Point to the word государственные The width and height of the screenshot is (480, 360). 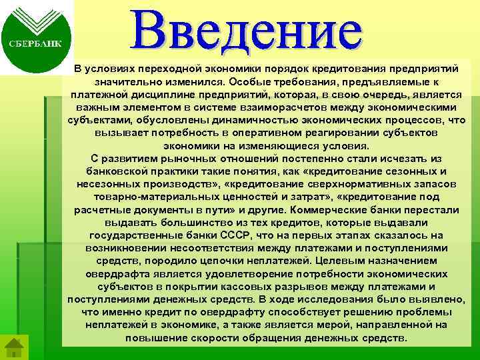pyautogui.click(x=138, y=234)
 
